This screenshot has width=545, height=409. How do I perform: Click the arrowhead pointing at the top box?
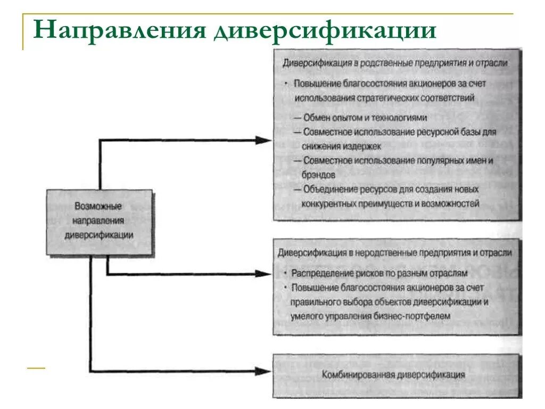tap(263, 140)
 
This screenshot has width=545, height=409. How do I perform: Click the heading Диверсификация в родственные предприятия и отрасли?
tap(394, 63)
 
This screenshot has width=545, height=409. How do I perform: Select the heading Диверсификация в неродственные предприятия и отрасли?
tap(394, 252)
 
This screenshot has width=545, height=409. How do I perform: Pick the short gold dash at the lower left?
tap(36, 368)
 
